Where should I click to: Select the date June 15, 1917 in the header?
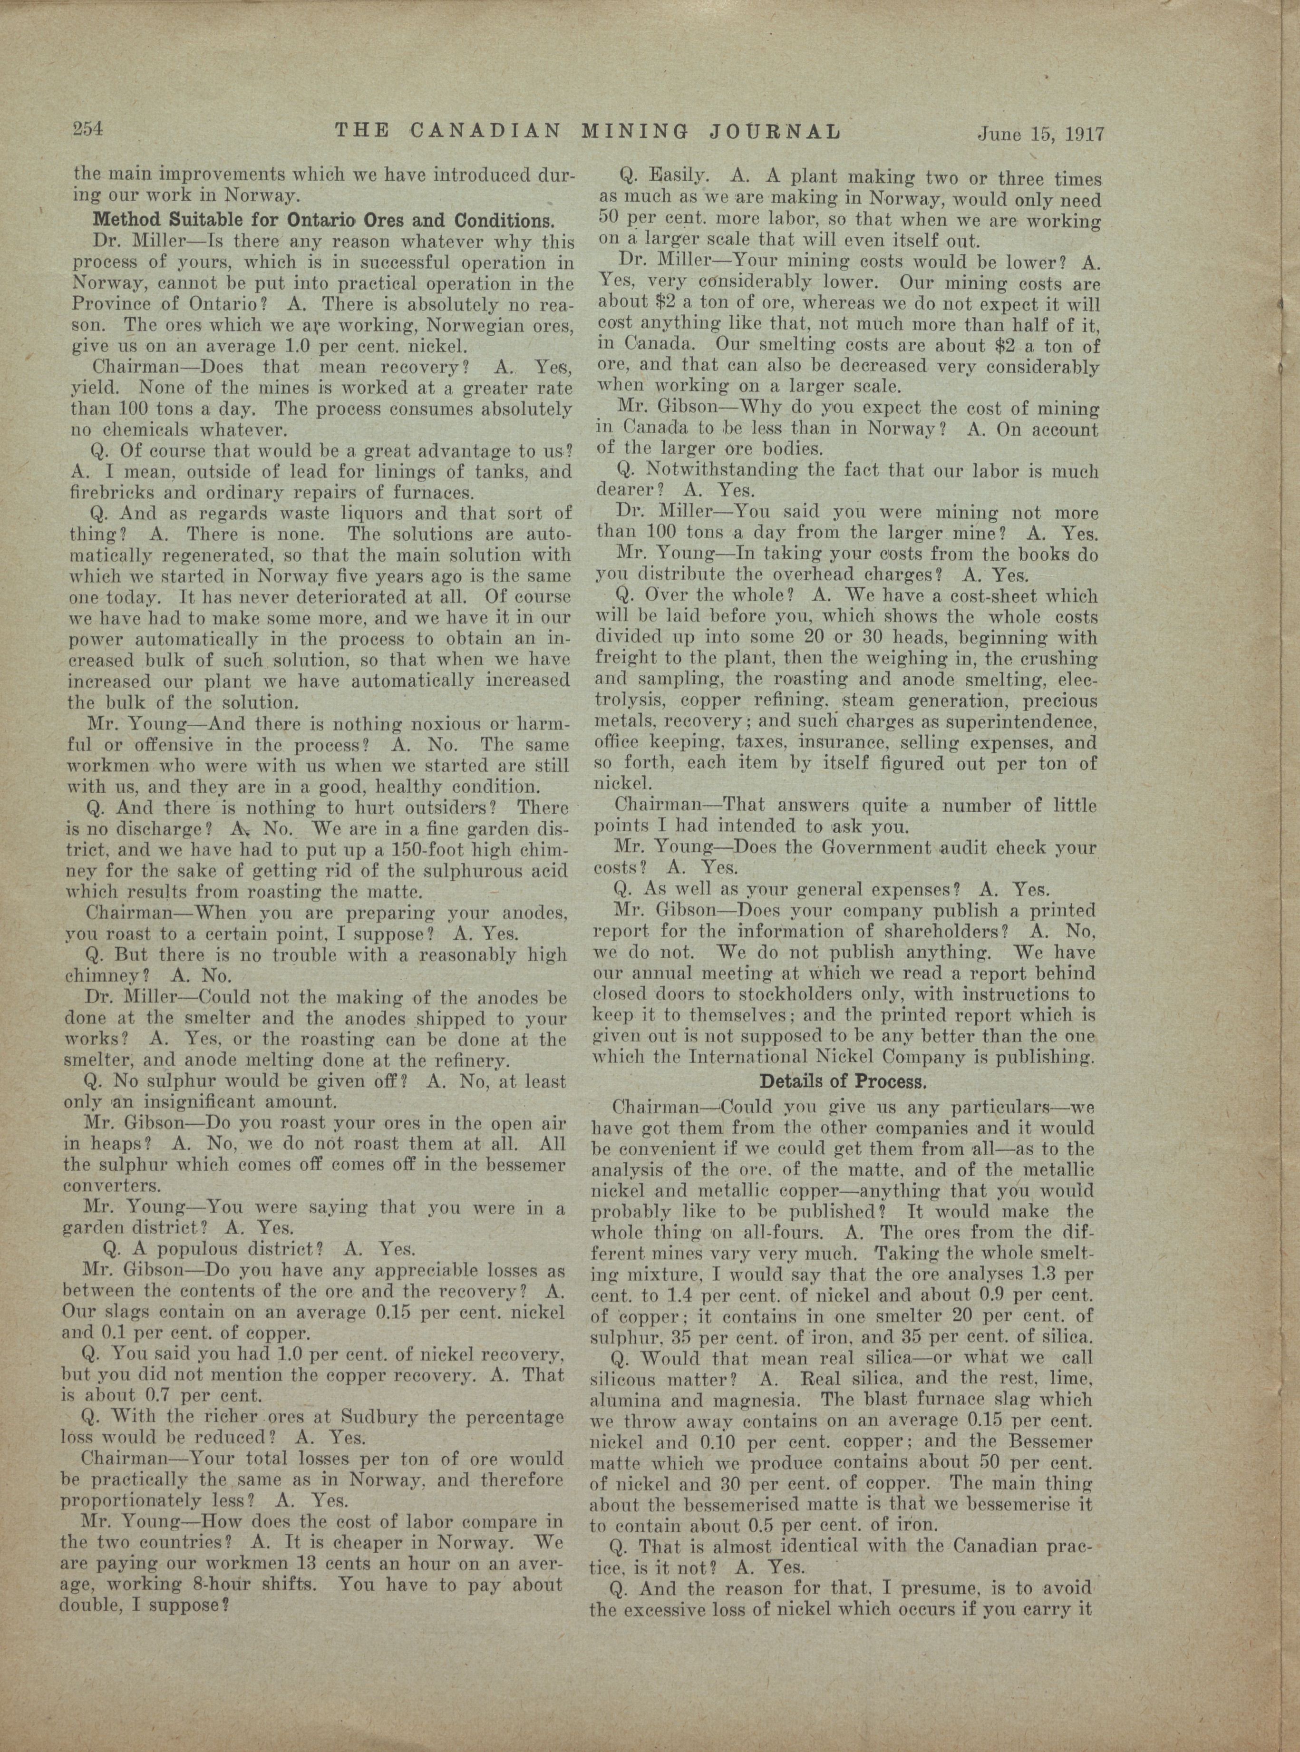1041,133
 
